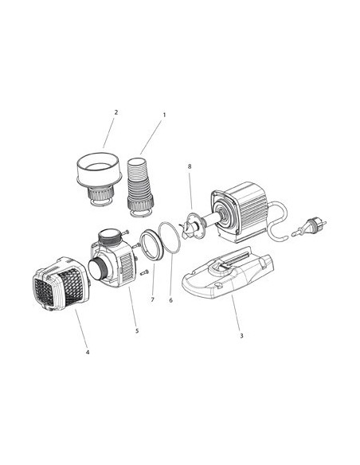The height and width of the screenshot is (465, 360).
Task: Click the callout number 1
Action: pos(164,115)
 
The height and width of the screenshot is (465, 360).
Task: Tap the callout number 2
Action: pos(115,112)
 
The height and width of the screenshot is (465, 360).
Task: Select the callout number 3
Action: pos(241,335)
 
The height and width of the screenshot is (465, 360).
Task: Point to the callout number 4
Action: pos(88,352)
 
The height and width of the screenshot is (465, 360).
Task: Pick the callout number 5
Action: pos(136,330)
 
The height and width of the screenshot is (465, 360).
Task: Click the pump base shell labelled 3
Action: pos(229,275)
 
